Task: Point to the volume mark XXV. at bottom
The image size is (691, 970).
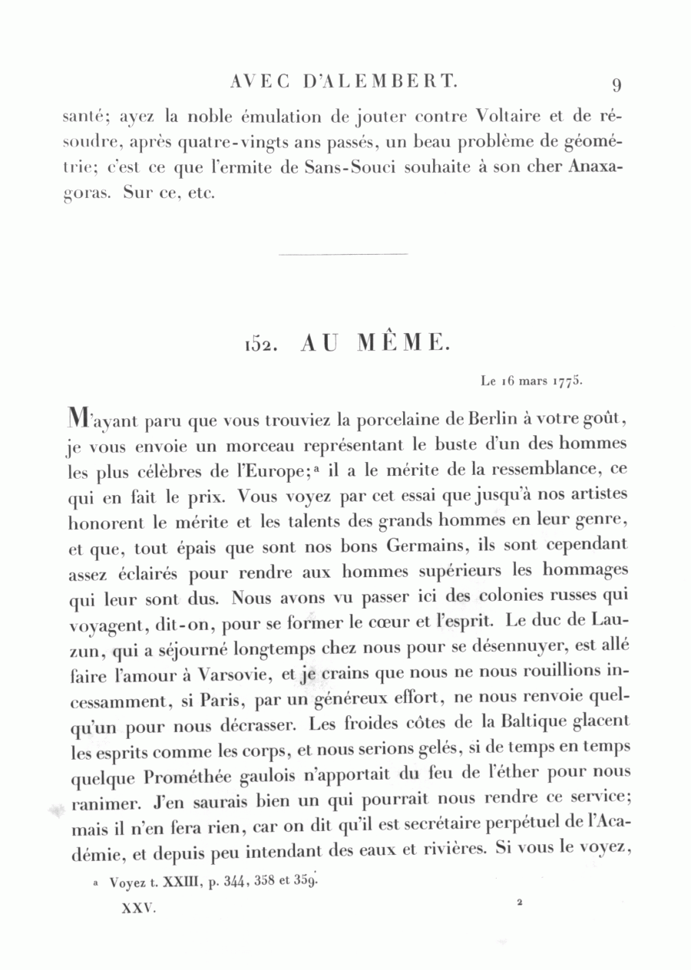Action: coord(139,909)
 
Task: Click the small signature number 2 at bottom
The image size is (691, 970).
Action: coord(520,904)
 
